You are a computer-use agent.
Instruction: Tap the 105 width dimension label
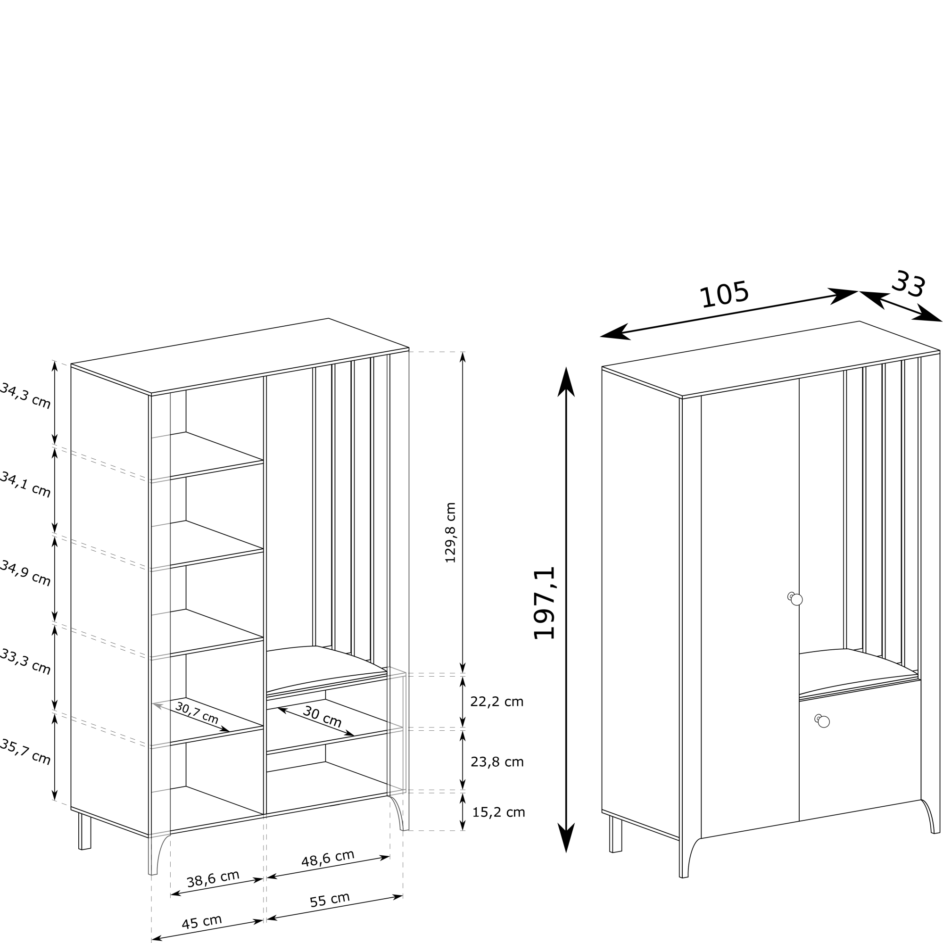point(724,294)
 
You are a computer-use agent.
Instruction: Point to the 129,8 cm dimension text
point(450,532)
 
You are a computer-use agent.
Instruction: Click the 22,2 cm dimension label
point(496,702)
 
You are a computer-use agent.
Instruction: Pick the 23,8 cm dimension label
point(497,762)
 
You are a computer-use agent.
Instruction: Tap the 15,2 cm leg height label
point(498,812)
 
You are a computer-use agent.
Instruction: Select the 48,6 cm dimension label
point(328,859)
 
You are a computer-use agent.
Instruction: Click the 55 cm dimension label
point(330,900)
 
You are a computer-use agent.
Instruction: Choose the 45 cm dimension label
point(202,922)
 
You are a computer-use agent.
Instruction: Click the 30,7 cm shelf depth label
point(197,713)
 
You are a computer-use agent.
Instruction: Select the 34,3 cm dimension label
point(25,396)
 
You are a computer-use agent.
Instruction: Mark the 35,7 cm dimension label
point(25,752)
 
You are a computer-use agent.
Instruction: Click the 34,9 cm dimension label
point(25,573)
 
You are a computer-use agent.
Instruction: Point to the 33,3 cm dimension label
point(25,662)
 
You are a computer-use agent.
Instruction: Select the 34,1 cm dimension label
point(25,485)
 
